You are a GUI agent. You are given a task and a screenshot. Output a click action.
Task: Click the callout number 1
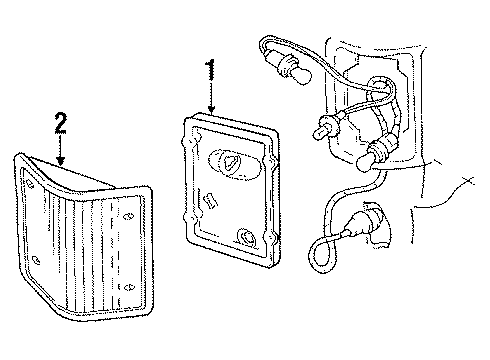211,70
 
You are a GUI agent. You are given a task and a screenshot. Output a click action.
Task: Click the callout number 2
61,123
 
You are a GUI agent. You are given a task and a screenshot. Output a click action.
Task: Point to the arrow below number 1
211,100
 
